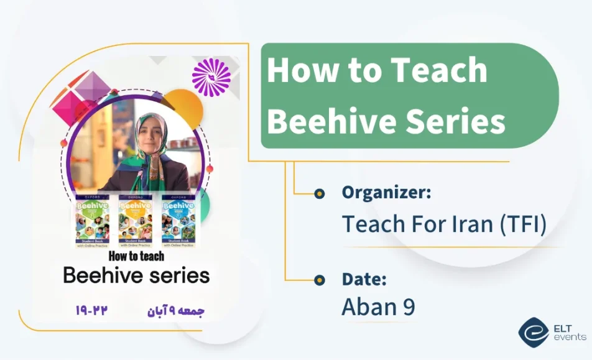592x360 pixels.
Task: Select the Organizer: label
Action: coord(386,193)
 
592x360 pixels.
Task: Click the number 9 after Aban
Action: coord(408,307)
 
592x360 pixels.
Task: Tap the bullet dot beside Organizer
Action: coord(320,194)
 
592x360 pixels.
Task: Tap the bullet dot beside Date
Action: coord(320,279)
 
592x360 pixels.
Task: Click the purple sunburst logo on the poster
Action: coord(211,77)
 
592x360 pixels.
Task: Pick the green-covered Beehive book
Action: coord(92,221)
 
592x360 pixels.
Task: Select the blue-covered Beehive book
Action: coord(178,221)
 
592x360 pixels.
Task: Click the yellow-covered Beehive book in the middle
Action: coord(135,221)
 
